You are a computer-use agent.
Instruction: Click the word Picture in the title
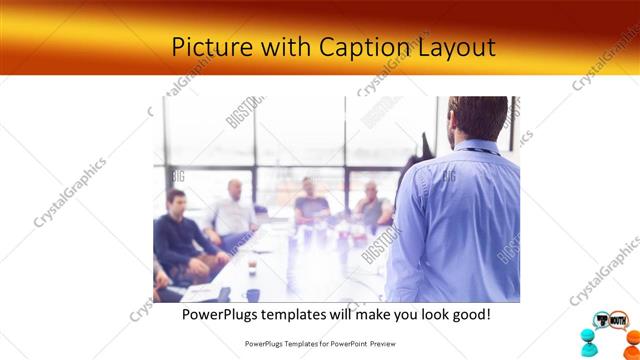(204, 47)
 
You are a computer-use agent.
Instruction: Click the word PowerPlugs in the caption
(225, 314)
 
